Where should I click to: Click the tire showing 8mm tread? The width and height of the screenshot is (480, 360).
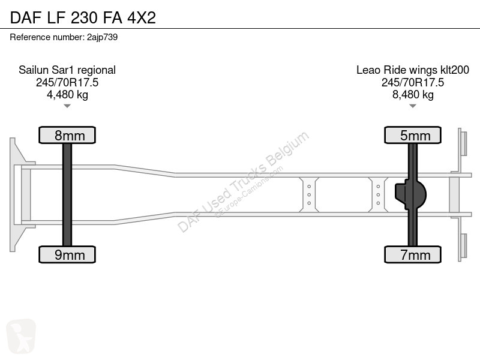67,135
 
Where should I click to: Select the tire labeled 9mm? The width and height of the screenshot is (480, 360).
67,254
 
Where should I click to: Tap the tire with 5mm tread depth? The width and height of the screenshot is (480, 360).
413,135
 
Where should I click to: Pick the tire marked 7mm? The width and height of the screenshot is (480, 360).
413,254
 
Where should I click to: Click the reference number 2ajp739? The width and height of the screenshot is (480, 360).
102,37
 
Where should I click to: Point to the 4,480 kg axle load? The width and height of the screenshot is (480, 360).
67,95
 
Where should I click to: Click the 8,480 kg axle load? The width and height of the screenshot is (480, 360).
413,95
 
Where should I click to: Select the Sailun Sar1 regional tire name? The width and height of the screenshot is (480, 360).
67,70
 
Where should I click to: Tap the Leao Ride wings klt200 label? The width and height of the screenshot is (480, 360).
413,70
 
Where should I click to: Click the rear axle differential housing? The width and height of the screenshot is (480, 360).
410,194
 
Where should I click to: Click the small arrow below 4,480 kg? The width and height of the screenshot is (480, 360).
67,106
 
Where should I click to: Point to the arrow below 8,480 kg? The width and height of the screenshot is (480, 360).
413,106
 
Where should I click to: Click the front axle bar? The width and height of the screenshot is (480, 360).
67,194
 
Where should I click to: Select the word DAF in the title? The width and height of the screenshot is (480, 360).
26,17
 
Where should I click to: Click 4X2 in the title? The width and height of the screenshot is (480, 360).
142,17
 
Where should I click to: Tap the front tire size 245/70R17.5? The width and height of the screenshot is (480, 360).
67,82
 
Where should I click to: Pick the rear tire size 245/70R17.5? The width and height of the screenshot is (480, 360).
413,82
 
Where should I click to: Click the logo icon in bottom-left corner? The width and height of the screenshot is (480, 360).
21,336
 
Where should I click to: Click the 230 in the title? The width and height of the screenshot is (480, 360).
84,17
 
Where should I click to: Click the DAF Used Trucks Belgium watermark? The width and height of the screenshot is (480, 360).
244,182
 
